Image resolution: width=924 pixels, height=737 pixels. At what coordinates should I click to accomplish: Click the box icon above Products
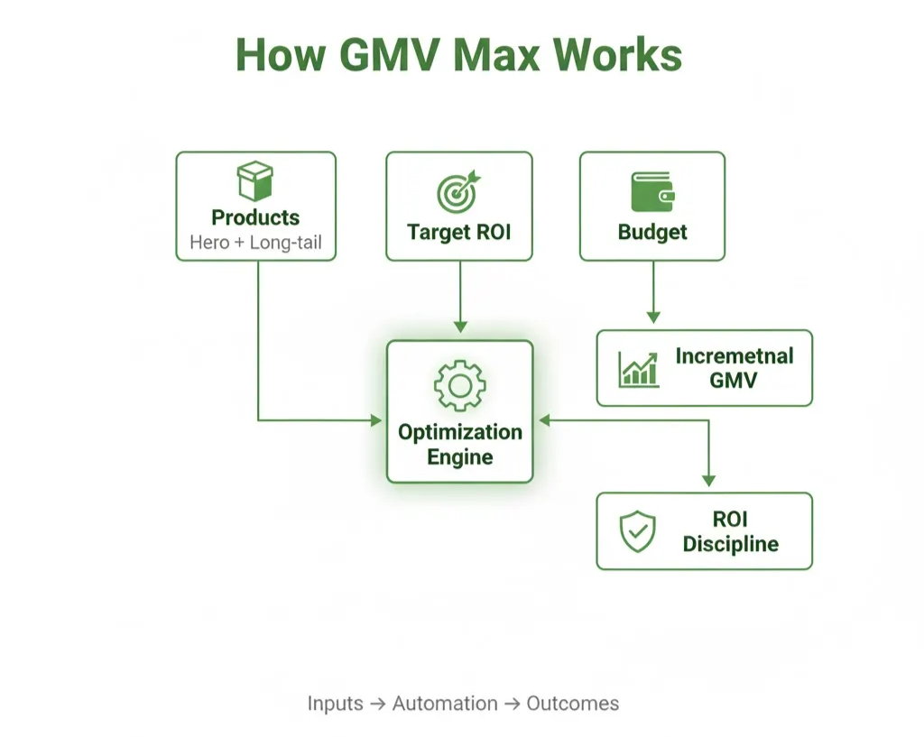coord(255,180)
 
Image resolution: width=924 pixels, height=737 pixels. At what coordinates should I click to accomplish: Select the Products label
coord(255,217)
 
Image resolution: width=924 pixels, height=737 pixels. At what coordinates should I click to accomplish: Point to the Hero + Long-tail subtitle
coord(255,243)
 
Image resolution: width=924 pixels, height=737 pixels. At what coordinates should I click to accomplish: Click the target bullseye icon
coord(458,190)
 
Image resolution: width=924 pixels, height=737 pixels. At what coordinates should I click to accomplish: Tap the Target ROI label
coord(458,232)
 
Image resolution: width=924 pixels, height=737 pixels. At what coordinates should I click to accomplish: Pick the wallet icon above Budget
coord(652,190)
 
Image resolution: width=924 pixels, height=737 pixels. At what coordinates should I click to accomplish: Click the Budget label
coord(652,232)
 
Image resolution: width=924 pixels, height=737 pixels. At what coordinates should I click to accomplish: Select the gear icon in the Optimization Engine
coord(459,385)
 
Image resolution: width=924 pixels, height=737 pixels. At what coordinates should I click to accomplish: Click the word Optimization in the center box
coord(459,432)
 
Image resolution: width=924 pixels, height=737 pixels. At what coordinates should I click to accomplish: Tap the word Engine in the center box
coord(459,457)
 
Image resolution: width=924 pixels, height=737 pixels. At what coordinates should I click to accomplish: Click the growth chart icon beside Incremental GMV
coord(638,368)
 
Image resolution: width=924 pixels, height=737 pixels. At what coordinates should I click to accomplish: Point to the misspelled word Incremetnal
coord(734,355)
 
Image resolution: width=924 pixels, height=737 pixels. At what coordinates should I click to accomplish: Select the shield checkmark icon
coord(637,531)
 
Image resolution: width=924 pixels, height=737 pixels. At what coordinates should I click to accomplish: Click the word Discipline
coord(730,544)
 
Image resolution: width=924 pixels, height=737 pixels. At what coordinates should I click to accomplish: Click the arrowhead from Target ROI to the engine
coord(459,325)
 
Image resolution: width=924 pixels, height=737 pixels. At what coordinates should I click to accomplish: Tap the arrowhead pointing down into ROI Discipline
coord(708,480)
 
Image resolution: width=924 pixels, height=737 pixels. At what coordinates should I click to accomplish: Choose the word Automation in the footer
coord(444,704)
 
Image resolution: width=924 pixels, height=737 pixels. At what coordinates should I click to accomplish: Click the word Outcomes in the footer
coord(572,704)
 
